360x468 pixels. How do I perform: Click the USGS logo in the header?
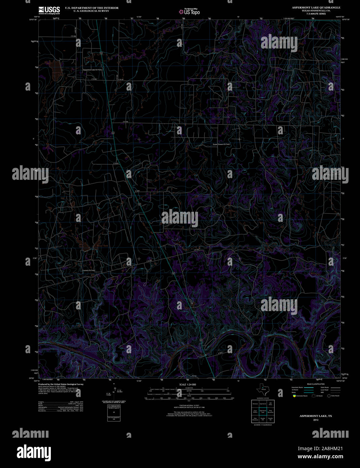(49, 10)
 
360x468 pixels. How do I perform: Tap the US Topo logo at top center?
(189, 11)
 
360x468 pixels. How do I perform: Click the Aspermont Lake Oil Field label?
(93, 70)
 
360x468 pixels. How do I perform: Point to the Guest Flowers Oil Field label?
(221, 144)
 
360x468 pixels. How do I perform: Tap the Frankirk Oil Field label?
(89, 270)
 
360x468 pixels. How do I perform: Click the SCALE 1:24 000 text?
(188, 384)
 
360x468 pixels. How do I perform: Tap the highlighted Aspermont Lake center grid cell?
(263, 411)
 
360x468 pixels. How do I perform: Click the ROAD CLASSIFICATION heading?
(316, 384)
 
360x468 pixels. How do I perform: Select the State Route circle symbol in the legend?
(329, 396)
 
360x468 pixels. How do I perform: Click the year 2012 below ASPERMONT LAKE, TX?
(316, 420)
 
